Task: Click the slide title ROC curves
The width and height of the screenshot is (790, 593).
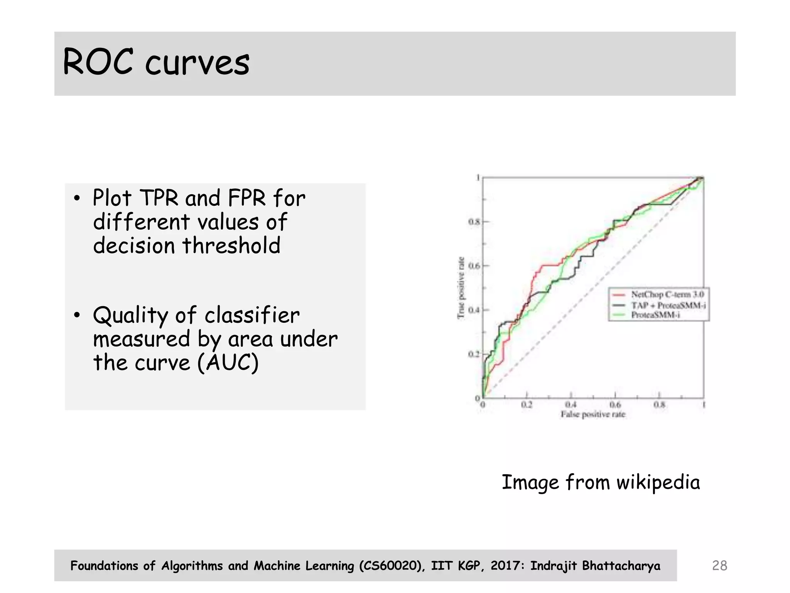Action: pyautogui.click(x=156, y=63)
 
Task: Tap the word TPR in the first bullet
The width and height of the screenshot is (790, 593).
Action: pyautogui.click(x=159, y=198)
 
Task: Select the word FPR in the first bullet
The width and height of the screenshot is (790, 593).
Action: pyautogui.click(x=247, y=198)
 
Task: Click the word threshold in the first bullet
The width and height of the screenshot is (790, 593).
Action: pyautogui.click(x=231, y=246)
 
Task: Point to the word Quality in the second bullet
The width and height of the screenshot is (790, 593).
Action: pyautogui.click(x=131, y=315)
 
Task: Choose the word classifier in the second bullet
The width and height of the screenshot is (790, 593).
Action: pyautogui.click(x=252, y=315)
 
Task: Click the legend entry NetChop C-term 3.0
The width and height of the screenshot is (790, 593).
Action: pyautogui.click(x=667, y=295)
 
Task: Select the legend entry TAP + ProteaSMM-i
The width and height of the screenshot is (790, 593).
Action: pyautogui.click(x=668, y=305)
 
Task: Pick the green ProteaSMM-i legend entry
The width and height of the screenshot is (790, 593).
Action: pyautogui.click(x=655, y=315)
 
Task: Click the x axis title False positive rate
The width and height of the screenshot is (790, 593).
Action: pyautogui.click(x=593, y=414)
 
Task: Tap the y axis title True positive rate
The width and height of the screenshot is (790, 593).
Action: pyautogui.click(x=461, y=288)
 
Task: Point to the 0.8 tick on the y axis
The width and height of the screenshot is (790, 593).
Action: pyautogui.click(x=474, y=222)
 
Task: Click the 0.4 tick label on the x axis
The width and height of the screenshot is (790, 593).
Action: pyautogui.click(x=571, y=405)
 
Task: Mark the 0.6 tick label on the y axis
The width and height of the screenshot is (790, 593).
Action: pyautogui.click(x=474, y=266)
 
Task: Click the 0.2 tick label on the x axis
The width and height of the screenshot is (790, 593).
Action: pyautogui.click(x=527, y=405)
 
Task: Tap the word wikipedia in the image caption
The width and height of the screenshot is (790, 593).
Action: pyautogui.click(x=658, y=483)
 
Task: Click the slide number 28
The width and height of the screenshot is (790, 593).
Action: pyautogui.click(x=719, y=566)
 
